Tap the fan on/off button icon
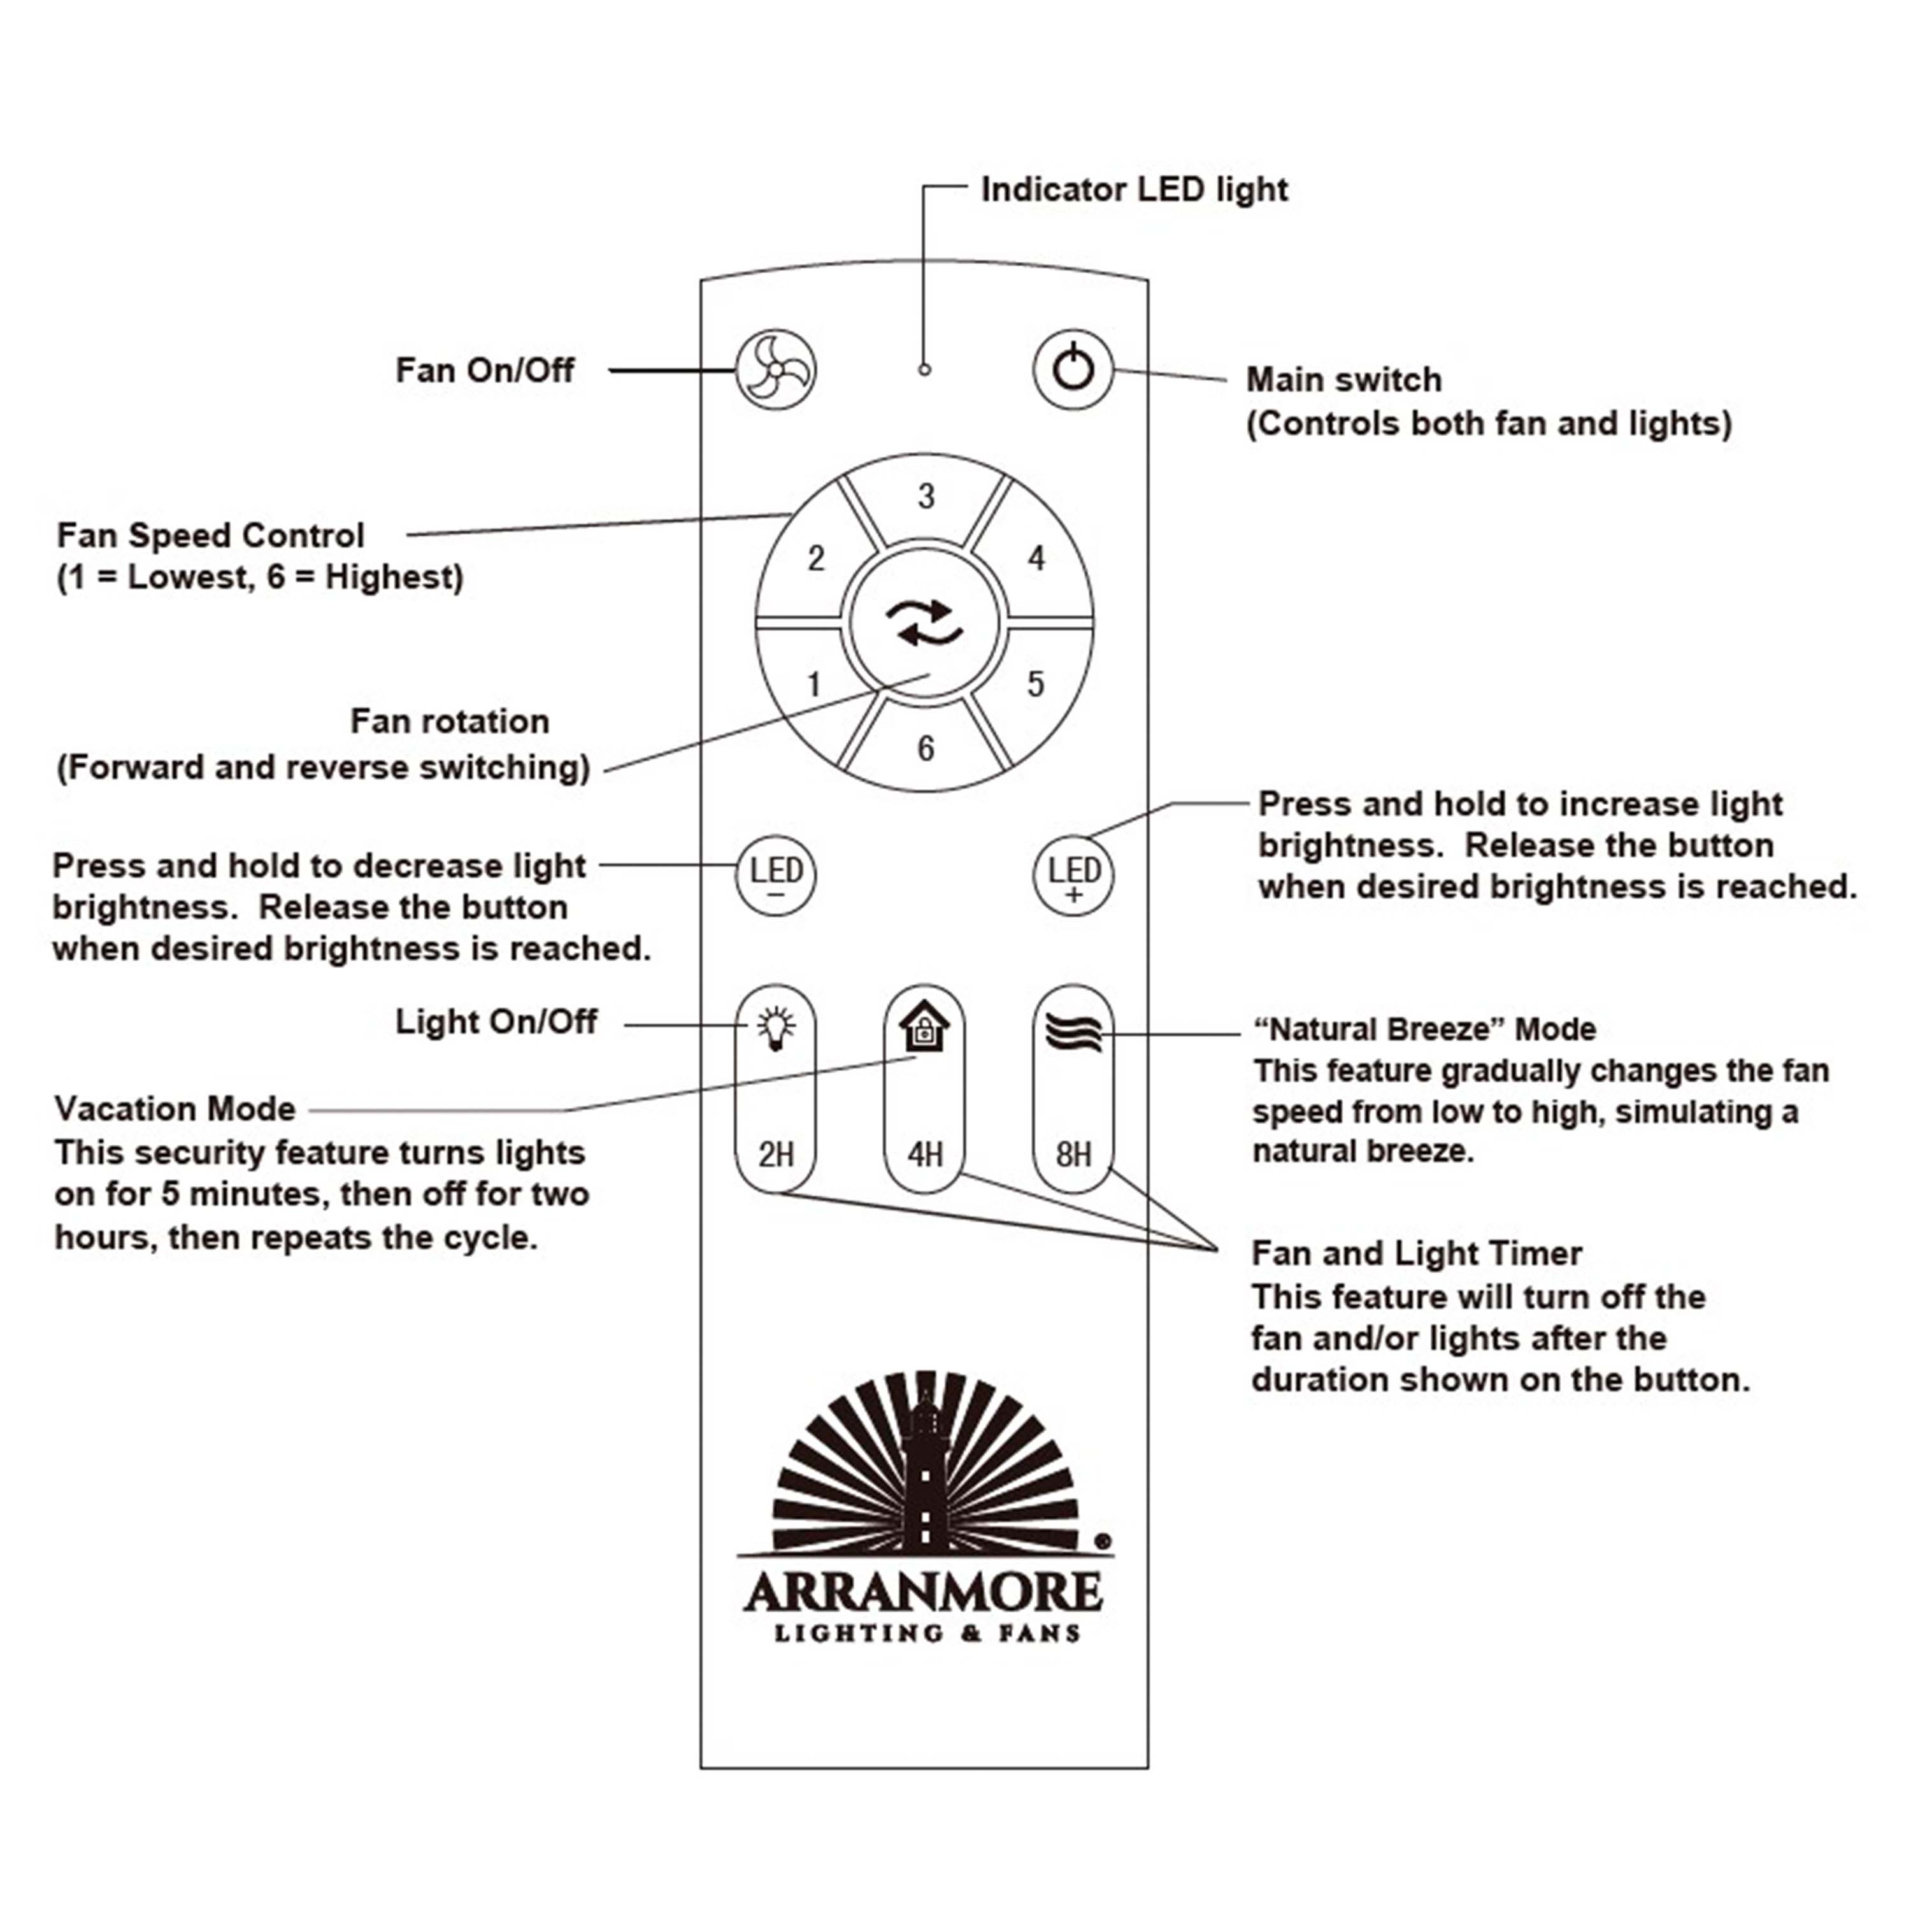pos(775,370)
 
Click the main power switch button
pos(1073,370)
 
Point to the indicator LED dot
pos(924,370)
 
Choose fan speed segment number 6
pos(926,748)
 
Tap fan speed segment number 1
pos(813,684)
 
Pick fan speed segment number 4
pos(1036,559)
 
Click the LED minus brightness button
pos(775,875)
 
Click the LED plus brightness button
pos(1073,875)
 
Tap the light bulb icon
pos(775,1029)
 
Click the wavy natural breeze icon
pos(1073,1033)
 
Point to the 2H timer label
pos(775,1154)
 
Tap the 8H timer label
pos(1073,1154)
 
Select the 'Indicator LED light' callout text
pos(1134,189)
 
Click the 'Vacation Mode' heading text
pos(175,1109)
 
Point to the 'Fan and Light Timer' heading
pos(1417,1253)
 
